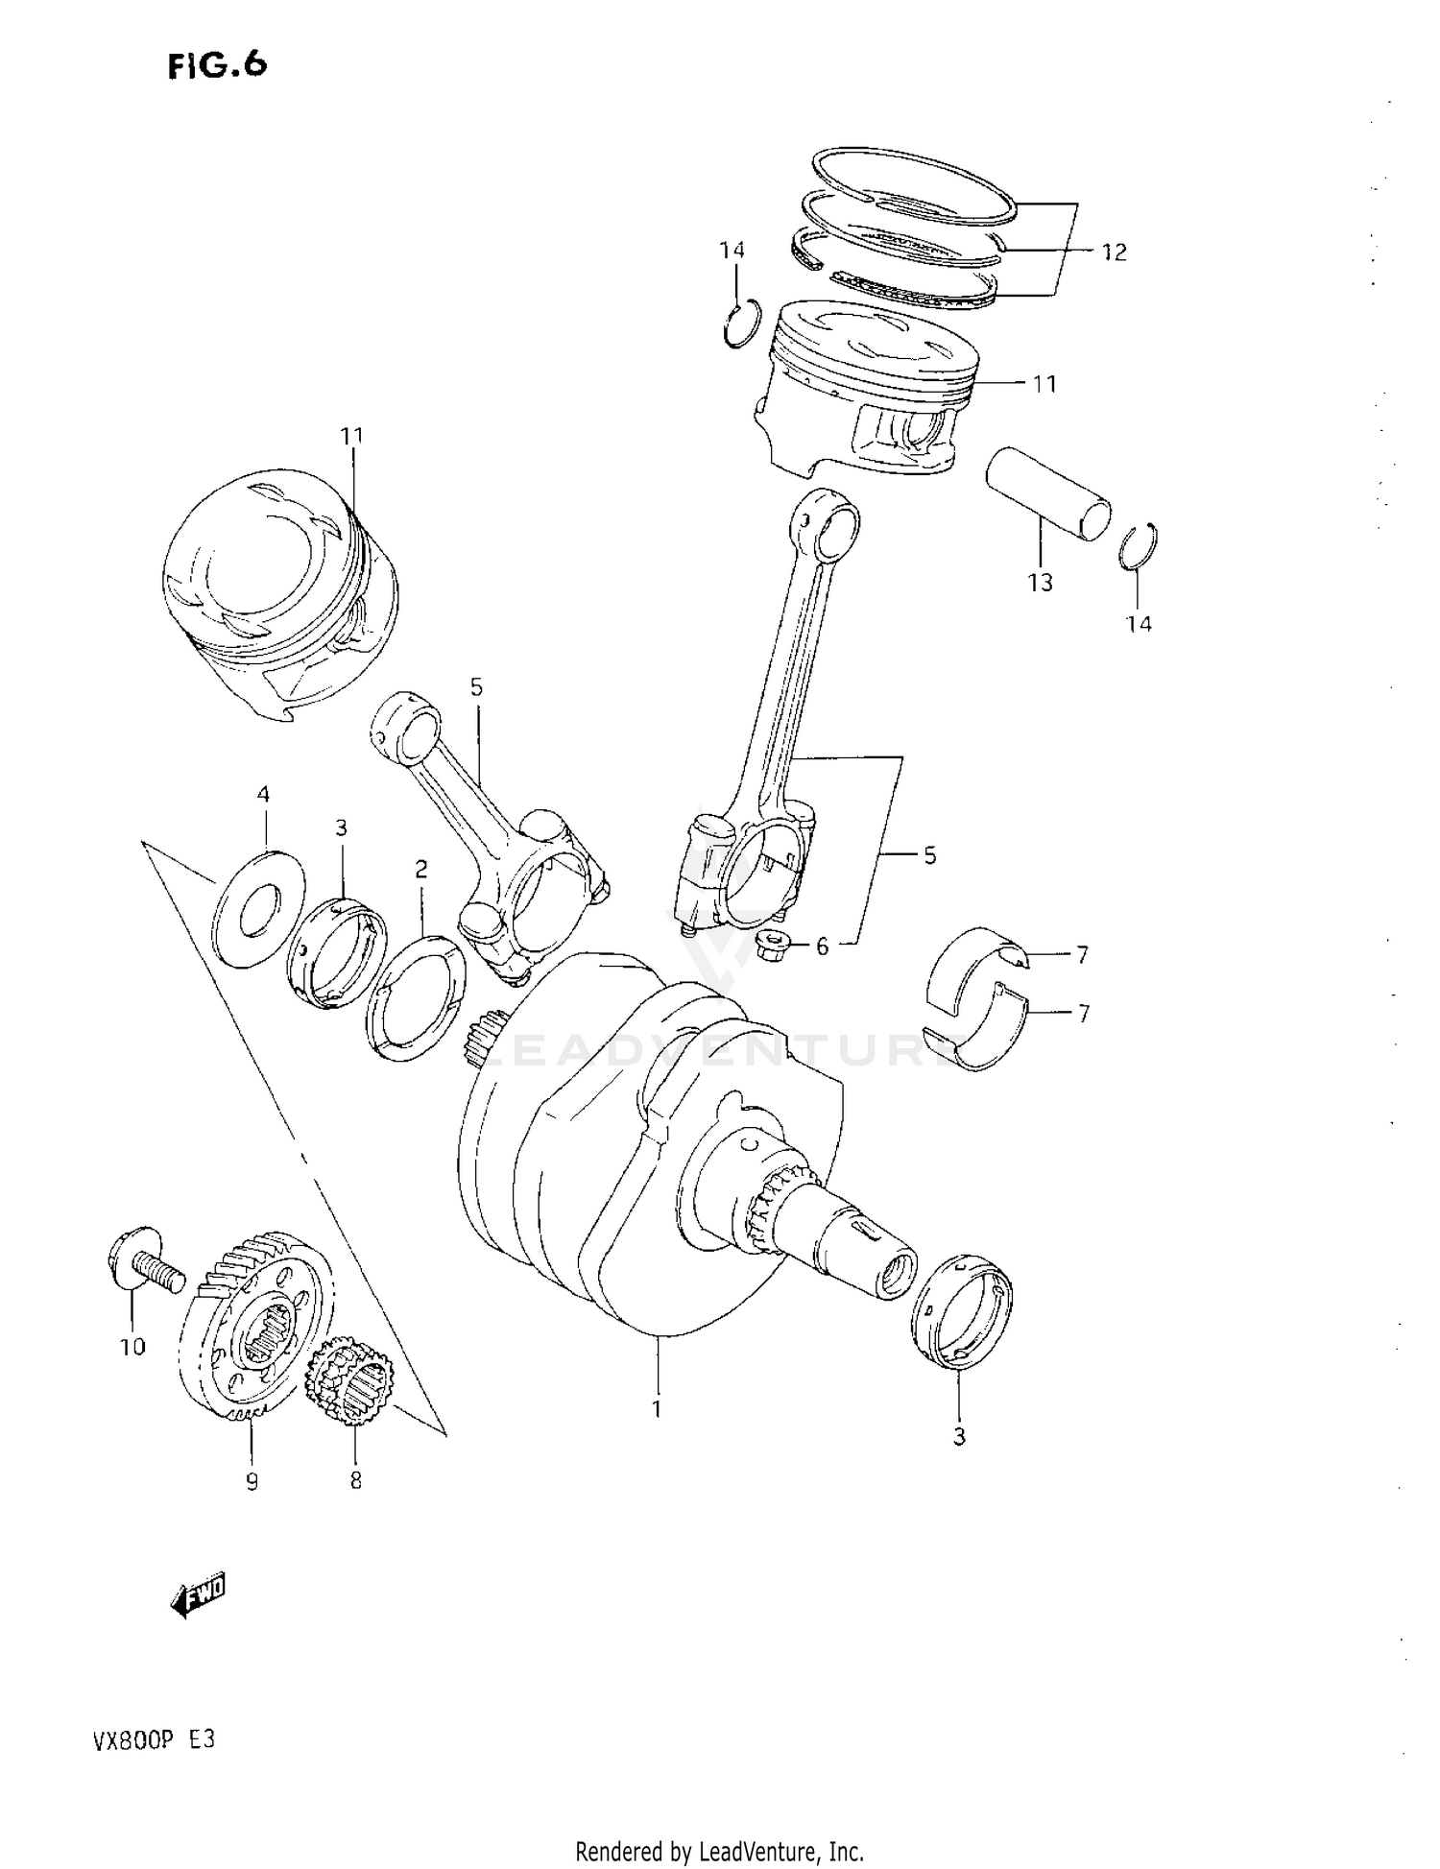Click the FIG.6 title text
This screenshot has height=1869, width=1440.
[217, 65]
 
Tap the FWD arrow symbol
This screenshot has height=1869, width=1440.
[198, 1596]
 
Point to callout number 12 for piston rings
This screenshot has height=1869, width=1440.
[1114, 252]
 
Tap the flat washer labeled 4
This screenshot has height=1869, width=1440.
[257, 907]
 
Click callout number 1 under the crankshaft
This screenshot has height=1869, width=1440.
[658, 1409]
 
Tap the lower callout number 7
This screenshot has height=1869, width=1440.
[1083, 1014]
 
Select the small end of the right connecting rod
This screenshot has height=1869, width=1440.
[828, 524]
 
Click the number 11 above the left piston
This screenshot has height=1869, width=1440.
[352, 436]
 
